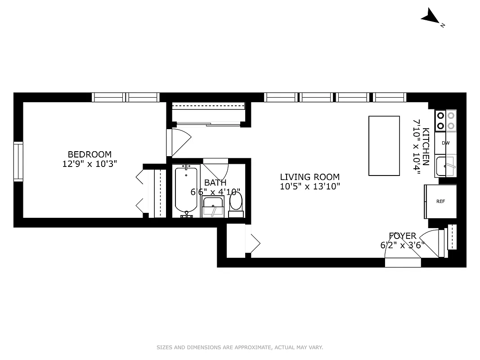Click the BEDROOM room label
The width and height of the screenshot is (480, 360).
point(90,154)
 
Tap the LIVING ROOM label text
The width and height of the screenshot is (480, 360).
point(310,177)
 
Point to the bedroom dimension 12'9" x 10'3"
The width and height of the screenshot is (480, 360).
point(90,164)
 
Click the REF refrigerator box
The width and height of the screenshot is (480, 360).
point(440,201)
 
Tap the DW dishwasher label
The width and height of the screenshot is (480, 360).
point(445,143)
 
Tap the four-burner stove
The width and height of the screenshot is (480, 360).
point(445,121)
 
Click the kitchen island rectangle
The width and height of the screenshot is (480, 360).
point(384,146)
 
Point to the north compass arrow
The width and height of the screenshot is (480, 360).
point(431,18)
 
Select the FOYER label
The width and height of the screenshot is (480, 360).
point(403,236)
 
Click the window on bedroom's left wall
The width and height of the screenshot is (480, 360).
point(18,161)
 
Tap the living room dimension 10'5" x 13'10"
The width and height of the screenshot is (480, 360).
point(310,187)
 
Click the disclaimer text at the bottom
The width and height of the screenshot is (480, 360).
point(240,347)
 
